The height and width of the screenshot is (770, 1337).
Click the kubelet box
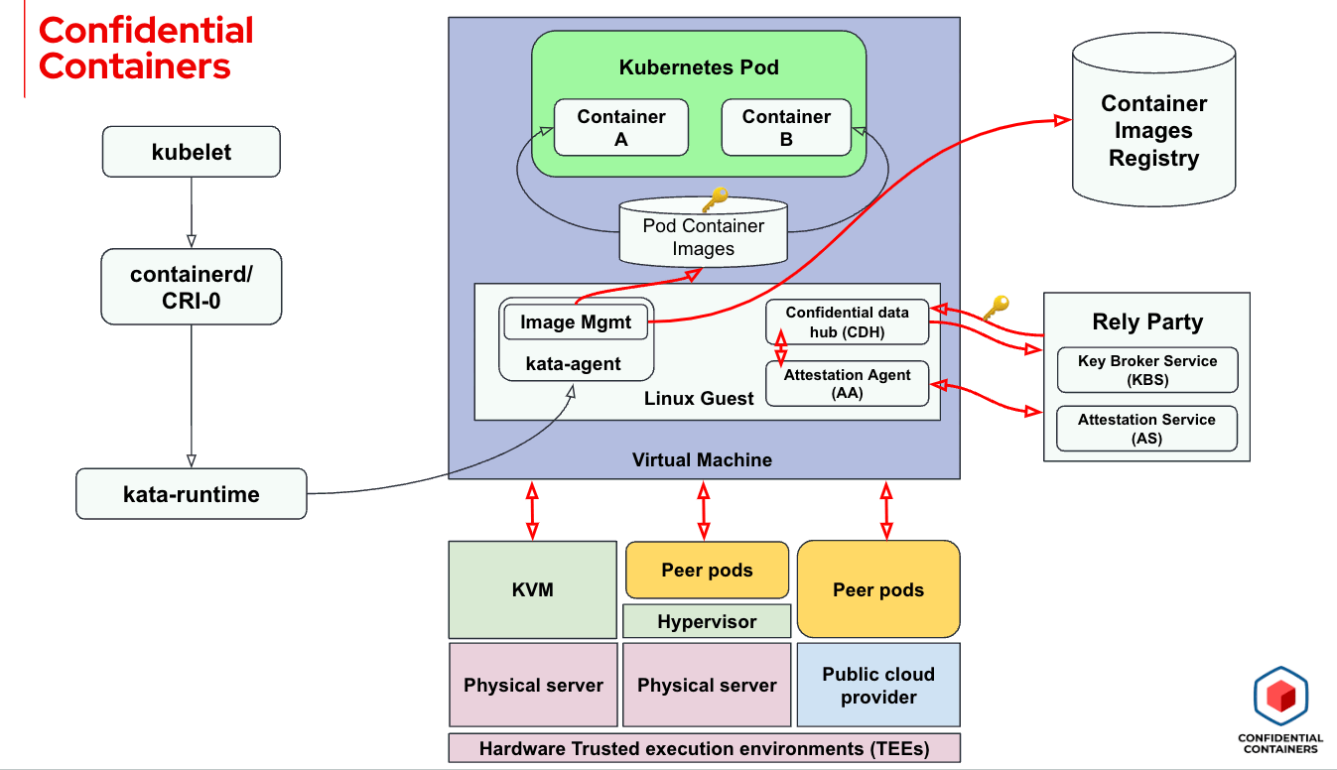tap(192, 153)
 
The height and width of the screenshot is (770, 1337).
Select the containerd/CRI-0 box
tap(192, 286)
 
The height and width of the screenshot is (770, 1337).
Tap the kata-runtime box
tap(192, 493)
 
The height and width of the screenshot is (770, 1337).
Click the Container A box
tap(621, 127)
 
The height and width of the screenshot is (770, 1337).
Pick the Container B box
tap(786, 127)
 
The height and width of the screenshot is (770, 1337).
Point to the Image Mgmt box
tap(577, 321)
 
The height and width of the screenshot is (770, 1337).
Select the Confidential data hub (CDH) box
tap(848, 321)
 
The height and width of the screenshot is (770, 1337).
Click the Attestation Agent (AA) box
tap(848, 383)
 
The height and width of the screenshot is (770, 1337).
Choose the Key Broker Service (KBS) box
tap(1147, 370)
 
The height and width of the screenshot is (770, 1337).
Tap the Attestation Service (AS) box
tap(1147, 429)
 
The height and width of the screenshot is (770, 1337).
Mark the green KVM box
tap(533, 589)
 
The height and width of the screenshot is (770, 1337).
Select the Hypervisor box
tap(707, 621)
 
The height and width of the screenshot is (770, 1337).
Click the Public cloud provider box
tap(878, 685)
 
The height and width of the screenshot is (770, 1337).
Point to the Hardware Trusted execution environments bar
tap(705, 748)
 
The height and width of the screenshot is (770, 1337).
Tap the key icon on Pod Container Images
tap(715, 200)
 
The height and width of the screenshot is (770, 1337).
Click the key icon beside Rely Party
tap(996, 307)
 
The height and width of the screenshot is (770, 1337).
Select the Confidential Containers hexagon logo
tap(1280, 696)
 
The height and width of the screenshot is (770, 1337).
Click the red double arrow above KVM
tap(532, 510)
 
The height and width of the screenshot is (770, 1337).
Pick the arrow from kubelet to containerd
tap(192, 212)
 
